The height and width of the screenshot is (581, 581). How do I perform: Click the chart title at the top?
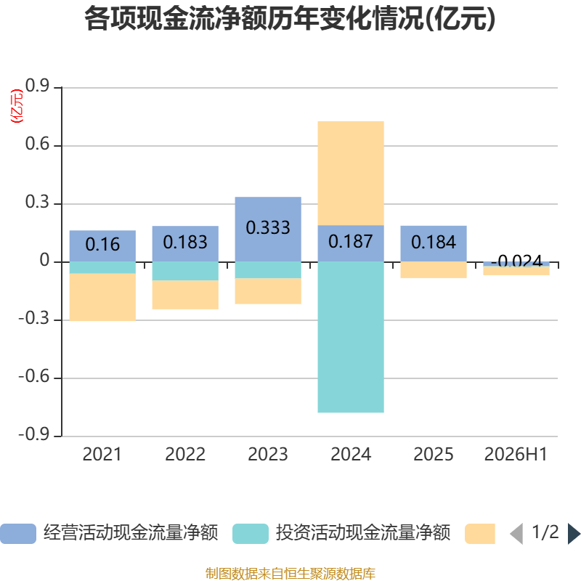[290, 19]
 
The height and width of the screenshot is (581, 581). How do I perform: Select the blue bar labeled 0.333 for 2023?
[268, 229]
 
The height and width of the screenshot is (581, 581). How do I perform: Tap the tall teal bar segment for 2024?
[351, 337]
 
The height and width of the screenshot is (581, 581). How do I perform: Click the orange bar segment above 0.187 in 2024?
[351, 174]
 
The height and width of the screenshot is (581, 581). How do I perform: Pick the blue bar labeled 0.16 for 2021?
[102, 246]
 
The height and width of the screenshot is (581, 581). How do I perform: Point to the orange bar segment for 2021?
[102, 297]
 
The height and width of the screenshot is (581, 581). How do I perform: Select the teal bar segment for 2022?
[185, 271]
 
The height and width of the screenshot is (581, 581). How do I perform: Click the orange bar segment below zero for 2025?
[434, 269]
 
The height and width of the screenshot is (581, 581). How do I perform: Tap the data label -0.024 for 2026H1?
[516, 261]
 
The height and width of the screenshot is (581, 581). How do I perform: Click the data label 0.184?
[434, 243]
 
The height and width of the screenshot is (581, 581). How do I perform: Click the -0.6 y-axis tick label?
[34, 376]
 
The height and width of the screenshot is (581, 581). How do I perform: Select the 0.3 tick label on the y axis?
[38, 202]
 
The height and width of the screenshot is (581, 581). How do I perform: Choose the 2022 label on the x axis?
[185, 455]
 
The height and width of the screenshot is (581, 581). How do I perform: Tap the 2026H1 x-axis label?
[516, 455]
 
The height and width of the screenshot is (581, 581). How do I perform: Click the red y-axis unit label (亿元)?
[17, 106]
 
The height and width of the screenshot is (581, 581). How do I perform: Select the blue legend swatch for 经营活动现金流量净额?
[18, 534]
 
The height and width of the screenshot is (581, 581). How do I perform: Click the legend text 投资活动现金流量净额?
[363, 533]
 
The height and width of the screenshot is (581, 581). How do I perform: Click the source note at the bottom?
[290, 574]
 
